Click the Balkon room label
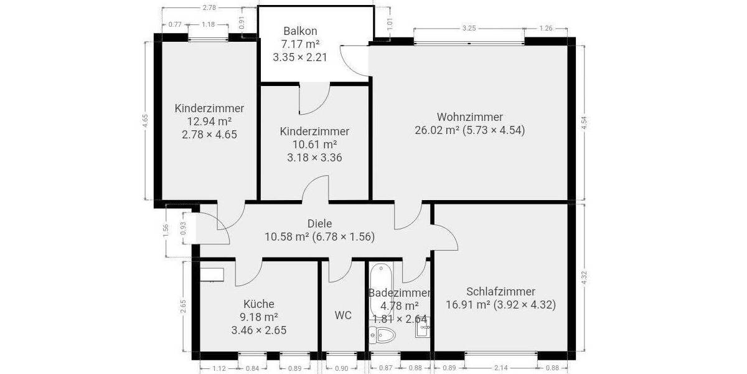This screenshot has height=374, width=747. tap(300, 31)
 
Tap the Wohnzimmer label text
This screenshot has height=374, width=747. tap(469, 117)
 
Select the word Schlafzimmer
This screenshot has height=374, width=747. tap(500, 291)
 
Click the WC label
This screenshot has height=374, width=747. tap(342, 315)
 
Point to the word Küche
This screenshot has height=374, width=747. tap(258, 304)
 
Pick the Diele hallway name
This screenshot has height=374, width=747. tap(319, 224)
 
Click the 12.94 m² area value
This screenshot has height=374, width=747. tap(209, 121)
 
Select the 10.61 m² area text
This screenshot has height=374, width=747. tap(314, 145)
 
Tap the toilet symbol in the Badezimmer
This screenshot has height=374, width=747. tap(382, 337)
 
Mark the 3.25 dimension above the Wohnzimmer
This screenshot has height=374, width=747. tap(469, 28)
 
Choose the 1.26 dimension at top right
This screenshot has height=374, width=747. tap(545, 28)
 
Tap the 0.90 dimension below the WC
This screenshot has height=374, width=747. tap(342, 368)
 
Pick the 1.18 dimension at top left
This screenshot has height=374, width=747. tap(207, 24)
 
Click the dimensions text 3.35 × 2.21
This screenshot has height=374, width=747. tap(300, 57)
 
